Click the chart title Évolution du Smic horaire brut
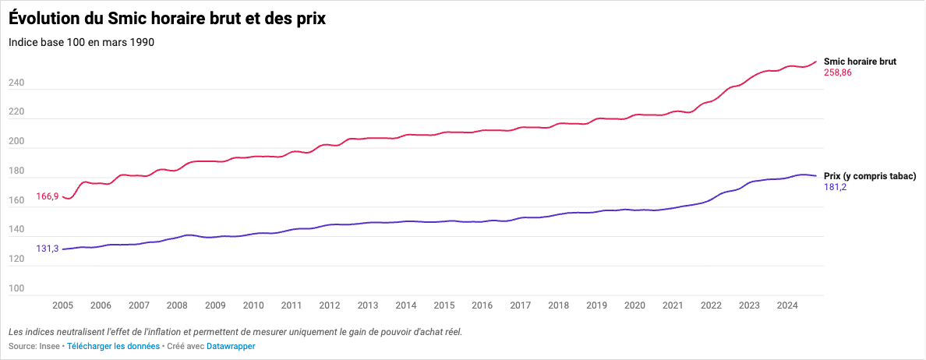[167, 19]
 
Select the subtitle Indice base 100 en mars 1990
[81, 42]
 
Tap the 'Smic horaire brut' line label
[860, 61]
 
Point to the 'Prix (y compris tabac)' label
[870, 176]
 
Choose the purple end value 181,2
[836, 188]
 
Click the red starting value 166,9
[47, 197]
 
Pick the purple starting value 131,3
[47, 249]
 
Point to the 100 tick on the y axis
[16, 288]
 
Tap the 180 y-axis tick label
[16, 171]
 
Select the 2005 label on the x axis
[62, 305]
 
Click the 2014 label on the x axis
[405, 305]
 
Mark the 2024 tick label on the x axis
[787, 305]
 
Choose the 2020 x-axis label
[634, 305]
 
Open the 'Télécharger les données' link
[113, 346]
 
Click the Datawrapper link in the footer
[231, 346]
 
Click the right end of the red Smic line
[816, 62]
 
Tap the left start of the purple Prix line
[63, 249]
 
